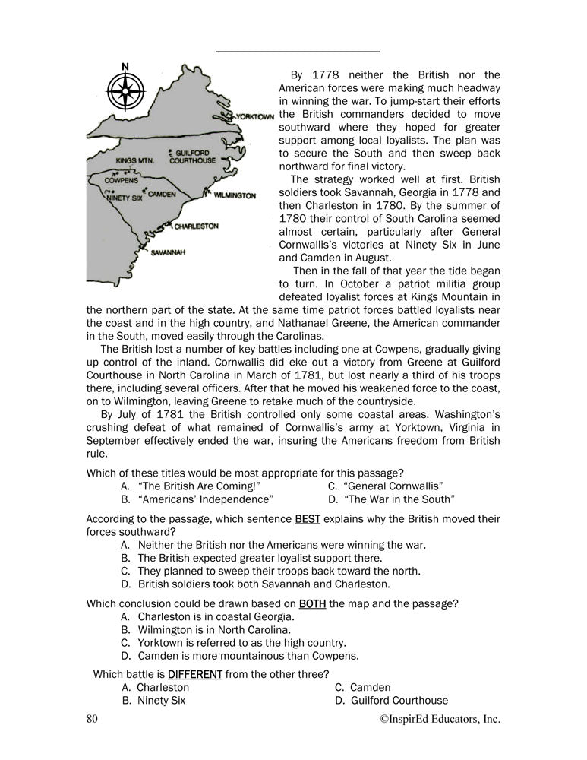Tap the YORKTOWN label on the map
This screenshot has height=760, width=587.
click(254, 116)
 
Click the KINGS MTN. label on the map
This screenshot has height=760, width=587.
click(135, 161)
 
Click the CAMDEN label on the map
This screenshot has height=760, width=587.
click(162, 195)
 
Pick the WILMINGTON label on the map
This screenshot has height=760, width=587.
click(235, 195)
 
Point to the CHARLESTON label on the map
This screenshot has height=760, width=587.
click(196, 226)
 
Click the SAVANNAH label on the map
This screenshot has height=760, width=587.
click(168, 252)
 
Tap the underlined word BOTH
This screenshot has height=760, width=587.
click(314, 603)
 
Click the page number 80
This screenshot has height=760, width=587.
click(93, 719)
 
